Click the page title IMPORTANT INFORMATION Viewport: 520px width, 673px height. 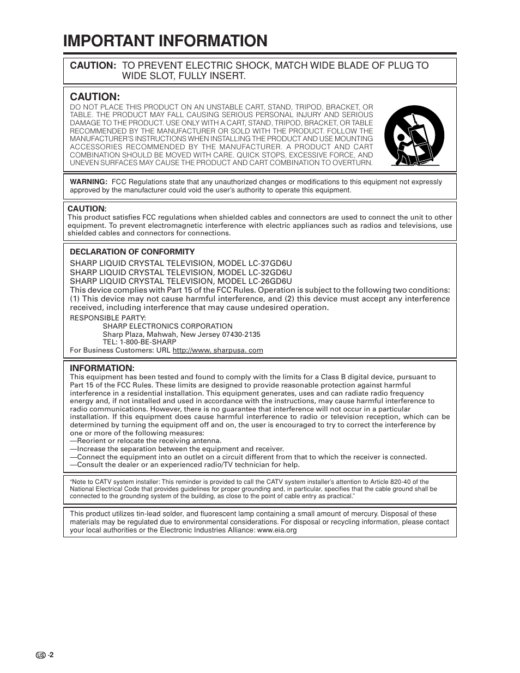coord(165,41)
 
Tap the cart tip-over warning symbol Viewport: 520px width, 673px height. coord(414,135)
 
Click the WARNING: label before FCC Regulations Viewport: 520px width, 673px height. coord(88,182)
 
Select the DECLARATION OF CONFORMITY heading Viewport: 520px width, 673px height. coord(132,252)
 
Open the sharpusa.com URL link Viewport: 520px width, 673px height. coord(217,350)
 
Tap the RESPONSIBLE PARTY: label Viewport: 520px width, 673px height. coord(107,318)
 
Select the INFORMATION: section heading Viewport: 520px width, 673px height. coord(102,368)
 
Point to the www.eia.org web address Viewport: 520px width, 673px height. coord(276,530)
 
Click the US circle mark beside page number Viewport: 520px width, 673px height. coord(40,656)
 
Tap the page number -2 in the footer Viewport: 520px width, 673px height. coord(51,656)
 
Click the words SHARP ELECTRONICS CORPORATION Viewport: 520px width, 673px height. coord(167,326)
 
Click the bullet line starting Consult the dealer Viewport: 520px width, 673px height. coord(185,465)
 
